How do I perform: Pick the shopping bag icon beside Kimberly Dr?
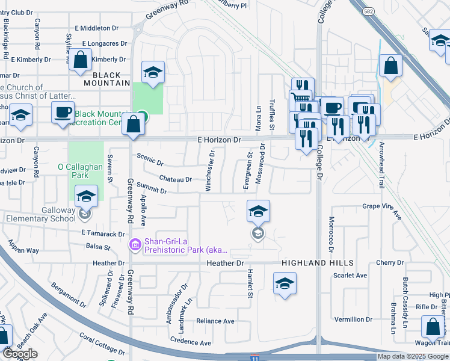pyautogui.click(x=80, y=61)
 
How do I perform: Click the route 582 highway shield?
pyautogui.click(x=368, y=11)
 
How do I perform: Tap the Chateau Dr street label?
pyautogui.click(x=176, y=179)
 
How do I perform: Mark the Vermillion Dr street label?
pyautogui.click(x=353, y=319)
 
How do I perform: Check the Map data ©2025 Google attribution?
pyautogui.click(x=413, y=356)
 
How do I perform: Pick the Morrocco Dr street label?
pyautogui.click(x=331, y=235)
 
